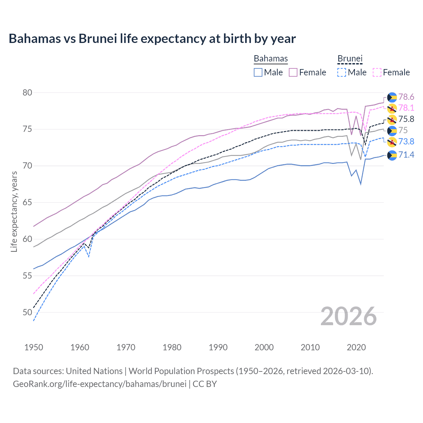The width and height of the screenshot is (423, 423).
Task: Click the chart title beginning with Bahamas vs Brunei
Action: point(152,39)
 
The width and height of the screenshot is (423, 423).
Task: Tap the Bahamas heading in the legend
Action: point(271,59)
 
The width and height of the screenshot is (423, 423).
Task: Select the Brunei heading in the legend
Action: point(350,59)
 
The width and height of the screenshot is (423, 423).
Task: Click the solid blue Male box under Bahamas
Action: point(258,72)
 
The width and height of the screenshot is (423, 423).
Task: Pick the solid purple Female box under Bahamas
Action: point(293,72)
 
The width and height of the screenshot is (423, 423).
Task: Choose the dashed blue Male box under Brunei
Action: point(342,72)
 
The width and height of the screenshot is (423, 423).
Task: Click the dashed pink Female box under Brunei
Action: point(377,72)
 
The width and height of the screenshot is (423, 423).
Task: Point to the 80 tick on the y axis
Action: point(27,93)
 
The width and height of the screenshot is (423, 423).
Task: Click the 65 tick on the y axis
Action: point(27,203)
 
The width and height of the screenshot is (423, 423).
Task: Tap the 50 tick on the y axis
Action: point(27,312)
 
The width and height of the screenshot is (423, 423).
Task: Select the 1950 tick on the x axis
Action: point(34,347)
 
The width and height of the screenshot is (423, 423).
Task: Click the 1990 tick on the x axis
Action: point(218,347)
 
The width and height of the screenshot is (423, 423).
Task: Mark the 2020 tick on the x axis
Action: point(356,347)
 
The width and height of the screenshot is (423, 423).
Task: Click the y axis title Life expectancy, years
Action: point(14,211)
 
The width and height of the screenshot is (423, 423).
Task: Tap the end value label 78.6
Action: point(406,97)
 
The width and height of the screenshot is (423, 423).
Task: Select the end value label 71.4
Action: point(406,155)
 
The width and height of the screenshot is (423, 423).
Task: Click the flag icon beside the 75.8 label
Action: point(392,119)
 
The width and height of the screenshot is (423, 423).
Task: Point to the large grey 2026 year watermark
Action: point(349,316)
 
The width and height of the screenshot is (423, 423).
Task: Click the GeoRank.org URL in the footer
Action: point(99,384)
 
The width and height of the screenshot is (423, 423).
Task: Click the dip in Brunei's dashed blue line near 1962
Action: point(89,256)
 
